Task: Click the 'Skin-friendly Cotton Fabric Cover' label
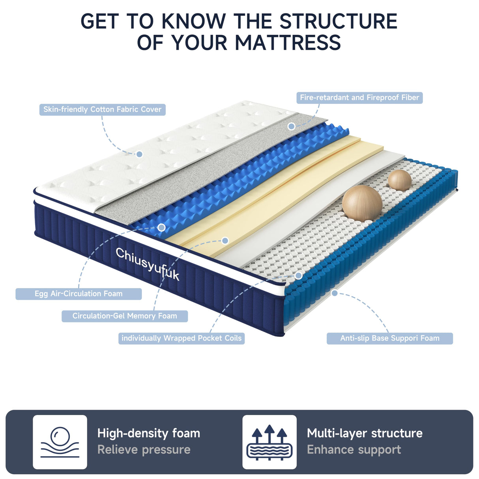click(x=102, y=109)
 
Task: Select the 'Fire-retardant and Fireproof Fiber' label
click(x=359, y=97)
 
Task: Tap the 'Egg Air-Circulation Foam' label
click(x=79, y=294)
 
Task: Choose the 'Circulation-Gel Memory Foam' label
click(x=125, y=316)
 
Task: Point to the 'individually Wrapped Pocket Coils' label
click(x=181, y=338)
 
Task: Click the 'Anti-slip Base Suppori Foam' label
click(x=389, y=338)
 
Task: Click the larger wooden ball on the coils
click(x=362, y=203)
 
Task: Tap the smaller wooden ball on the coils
click(x=400, y=180)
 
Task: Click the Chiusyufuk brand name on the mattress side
click(x=147, y=264)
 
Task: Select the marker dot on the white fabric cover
click(x=139, y=154)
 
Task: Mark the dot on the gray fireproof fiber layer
click(x=291, y=126)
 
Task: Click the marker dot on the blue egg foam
click(x=161, y=227)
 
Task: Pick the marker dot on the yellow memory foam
click(x=225, y=240)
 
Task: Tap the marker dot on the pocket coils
click(x=299, y=275)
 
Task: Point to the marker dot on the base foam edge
click(x=335, y=293)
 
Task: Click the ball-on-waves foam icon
click(x=60, y=442)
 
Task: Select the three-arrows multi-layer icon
click(x=269, y=442)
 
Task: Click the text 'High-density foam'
click(x=149, y=433)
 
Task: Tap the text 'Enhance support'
click(x=354, y=450)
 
